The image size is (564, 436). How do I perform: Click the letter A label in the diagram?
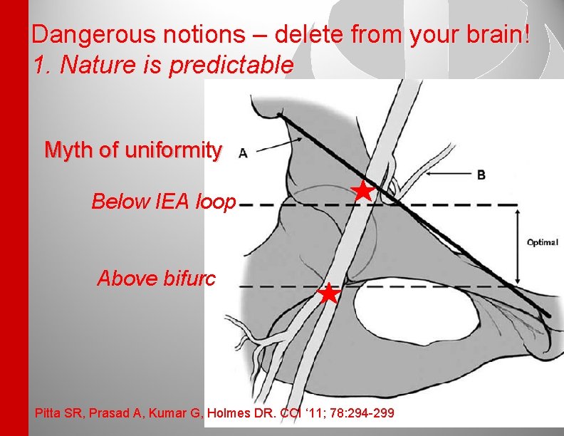pyautogui.click(x=244, y=152)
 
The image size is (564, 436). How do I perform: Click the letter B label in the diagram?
pyautogui.click(x=481, y=175)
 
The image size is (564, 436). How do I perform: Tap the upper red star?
pyautogui.click(x=363, y=191)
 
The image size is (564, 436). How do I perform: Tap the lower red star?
pyautogui.click(x=328, y=293)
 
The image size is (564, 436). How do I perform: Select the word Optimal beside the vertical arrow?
pyautogui.click(x=542, y=242)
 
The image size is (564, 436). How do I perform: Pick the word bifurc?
pyautogui.click(x=189, y=277)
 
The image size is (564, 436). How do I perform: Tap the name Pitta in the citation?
pyautogui.click(x=46, y=413)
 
